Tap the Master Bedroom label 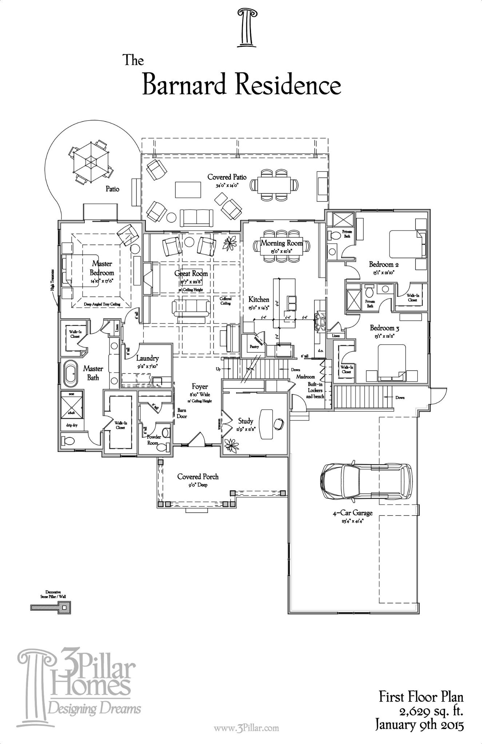click(102, 268)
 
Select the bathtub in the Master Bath click(71, 373)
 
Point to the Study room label click(246, 421)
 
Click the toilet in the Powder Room click(166, 432)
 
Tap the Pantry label click(254, 347)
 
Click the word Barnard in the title click(185, 86)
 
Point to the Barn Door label click(182, 413)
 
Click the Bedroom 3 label click(385, 328)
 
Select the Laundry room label click(147, 358)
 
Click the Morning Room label click(282, 243)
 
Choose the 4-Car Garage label click(352, 513)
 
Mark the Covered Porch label click(198, 477)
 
